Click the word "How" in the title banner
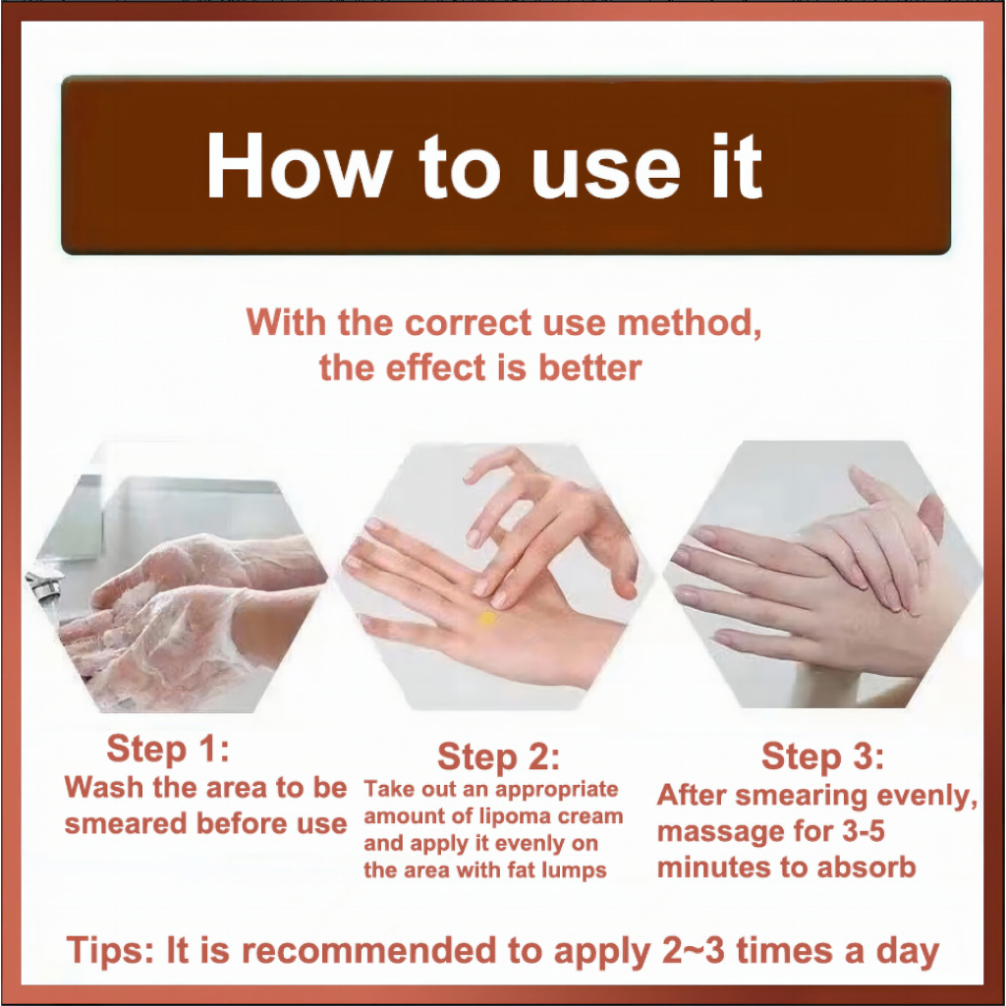[299, 166]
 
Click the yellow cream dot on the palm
[487, 619]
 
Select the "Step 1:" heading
[168, 749]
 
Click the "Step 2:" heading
[498, 756]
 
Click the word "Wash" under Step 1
[105, 787]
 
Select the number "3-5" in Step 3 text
[863, 831]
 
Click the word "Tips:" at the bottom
[110, 950]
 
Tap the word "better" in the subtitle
[589, 368]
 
